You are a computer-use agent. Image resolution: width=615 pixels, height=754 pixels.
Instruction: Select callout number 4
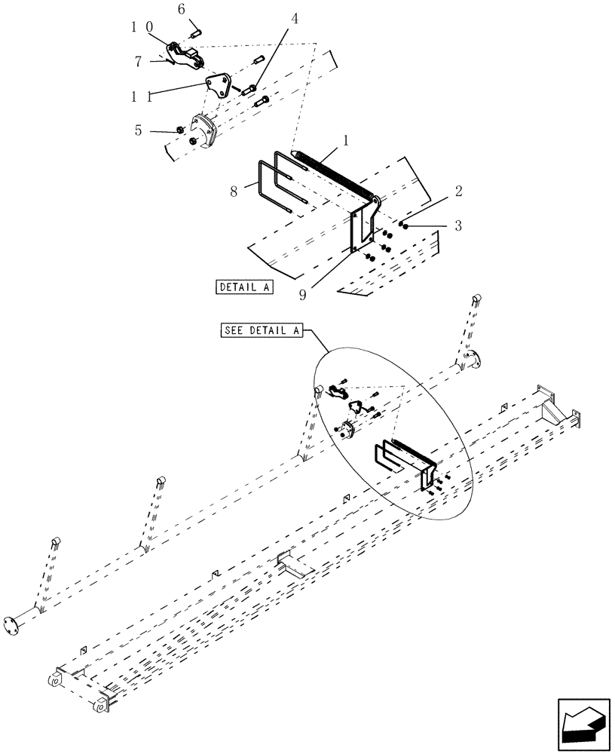click(x=295, y=19)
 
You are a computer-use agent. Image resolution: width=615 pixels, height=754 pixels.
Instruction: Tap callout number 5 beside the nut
click(x=138, y=130)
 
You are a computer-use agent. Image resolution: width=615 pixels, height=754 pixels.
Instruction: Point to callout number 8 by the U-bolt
click(x=234, y=192)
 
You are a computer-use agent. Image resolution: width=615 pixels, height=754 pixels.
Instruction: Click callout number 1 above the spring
click(x=345, y=141)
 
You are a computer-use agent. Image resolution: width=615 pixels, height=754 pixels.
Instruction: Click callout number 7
click(x=138, y=62)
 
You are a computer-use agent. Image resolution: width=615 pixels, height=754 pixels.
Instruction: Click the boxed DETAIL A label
click(x=244, y=287)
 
